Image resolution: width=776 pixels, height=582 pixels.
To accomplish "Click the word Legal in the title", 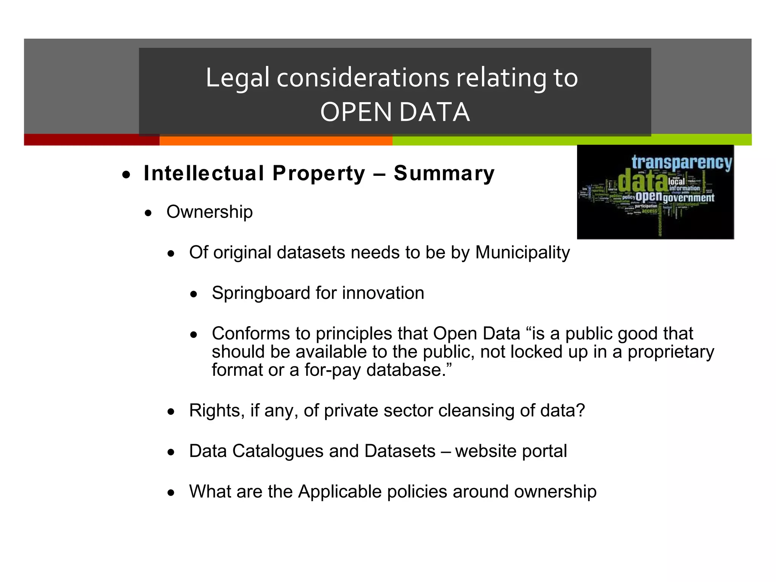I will [238, 78].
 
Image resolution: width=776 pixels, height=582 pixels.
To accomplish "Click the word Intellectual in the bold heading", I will [204, 174].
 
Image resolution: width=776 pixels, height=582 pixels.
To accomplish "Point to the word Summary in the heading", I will [444, 174].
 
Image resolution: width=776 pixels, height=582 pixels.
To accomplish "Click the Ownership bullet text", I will [210, 212].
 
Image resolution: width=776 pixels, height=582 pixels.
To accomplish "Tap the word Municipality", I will [523, 253].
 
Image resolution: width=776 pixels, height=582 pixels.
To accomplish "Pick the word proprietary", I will [671, 352].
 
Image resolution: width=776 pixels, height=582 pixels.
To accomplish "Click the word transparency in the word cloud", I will [681, 162].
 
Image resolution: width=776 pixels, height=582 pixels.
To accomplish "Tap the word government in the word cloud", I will [688, 198].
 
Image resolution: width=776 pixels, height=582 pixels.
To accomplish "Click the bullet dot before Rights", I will [172, 411].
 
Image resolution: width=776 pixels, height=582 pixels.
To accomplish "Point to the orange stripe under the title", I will [276, 141].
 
